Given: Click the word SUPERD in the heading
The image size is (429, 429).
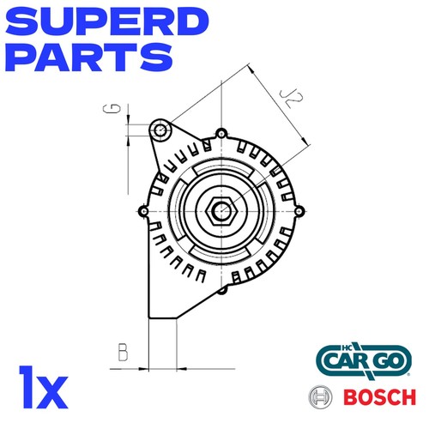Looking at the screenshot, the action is coord(107,22).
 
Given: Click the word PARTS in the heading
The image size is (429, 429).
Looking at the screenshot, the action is coord(89,57).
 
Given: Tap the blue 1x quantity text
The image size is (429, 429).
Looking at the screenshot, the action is coord(44,387).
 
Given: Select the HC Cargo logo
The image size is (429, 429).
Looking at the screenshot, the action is coord(364,361).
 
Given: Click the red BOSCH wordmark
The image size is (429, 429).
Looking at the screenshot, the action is coord(379,397).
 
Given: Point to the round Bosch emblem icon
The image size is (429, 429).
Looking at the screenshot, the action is coord(320,397).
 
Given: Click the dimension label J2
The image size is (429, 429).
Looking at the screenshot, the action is coord(291,99).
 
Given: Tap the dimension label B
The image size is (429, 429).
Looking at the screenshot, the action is coord(124,352).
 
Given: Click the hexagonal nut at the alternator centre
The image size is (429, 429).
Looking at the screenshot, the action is coord(221,211).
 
